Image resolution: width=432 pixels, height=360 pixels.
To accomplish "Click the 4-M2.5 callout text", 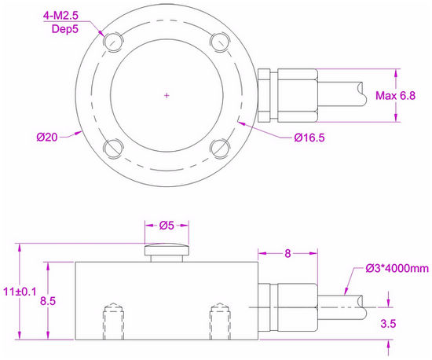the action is [60, 16].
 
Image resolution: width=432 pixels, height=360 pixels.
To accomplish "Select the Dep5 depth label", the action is [65, 28].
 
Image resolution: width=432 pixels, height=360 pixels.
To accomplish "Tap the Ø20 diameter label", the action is [47, 137].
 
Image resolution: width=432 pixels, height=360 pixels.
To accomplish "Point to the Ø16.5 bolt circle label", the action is [309, 138].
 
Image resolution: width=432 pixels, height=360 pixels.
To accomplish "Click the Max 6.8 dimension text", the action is [396, 96].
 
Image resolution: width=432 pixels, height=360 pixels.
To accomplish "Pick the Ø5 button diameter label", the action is [167, 226].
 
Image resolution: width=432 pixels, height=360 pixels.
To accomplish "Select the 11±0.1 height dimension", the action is [20, 292].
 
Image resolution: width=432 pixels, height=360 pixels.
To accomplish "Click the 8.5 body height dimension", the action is [48, 301].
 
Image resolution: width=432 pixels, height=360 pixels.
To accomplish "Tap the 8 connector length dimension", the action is [287, 254].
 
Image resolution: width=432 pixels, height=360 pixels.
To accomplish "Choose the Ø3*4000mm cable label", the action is [397, 268].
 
